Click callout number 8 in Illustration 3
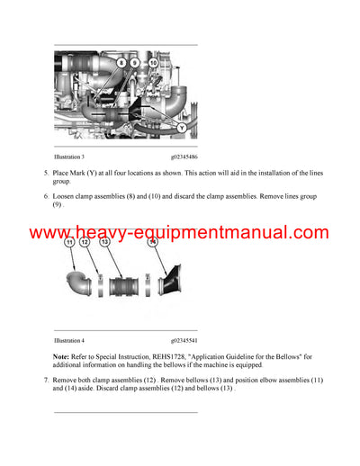(121, 64)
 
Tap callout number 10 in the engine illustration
(153, 64)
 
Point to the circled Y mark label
(183, 129)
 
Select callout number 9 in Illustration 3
(135, 64)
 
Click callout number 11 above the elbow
(68, 242)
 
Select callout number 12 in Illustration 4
(85, 242)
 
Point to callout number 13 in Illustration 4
(105, 242)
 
